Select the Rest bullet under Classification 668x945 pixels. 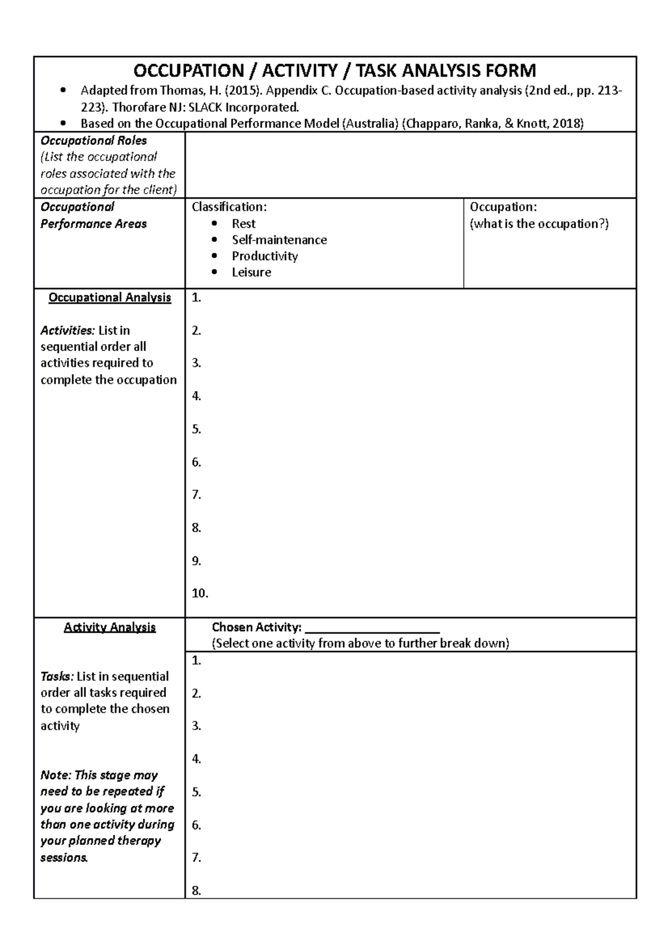click(x=243, y=224)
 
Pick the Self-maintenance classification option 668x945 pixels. click(x=279, y=240)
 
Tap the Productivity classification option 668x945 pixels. click(x=264, y=256)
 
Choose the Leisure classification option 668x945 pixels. click(x=251, y=272)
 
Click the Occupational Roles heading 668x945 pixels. click(x=94, y=141)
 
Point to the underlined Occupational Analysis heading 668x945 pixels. click(x=110, y=298)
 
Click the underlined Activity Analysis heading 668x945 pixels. click(x=110, y=627)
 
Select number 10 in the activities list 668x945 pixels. click(x=199, y=593)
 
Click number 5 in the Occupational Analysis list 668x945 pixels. click(x=196, y=429)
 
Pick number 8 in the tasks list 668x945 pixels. click(x=196, y=890)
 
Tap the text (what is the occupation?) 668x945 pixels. click(x=539, y=224)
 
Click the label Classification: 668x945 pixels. click(x=229, y=207)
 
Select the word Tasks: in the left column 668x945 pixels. click(x=57, y=677)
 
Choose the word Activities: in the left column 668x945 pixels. click(x=67, y=331)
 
